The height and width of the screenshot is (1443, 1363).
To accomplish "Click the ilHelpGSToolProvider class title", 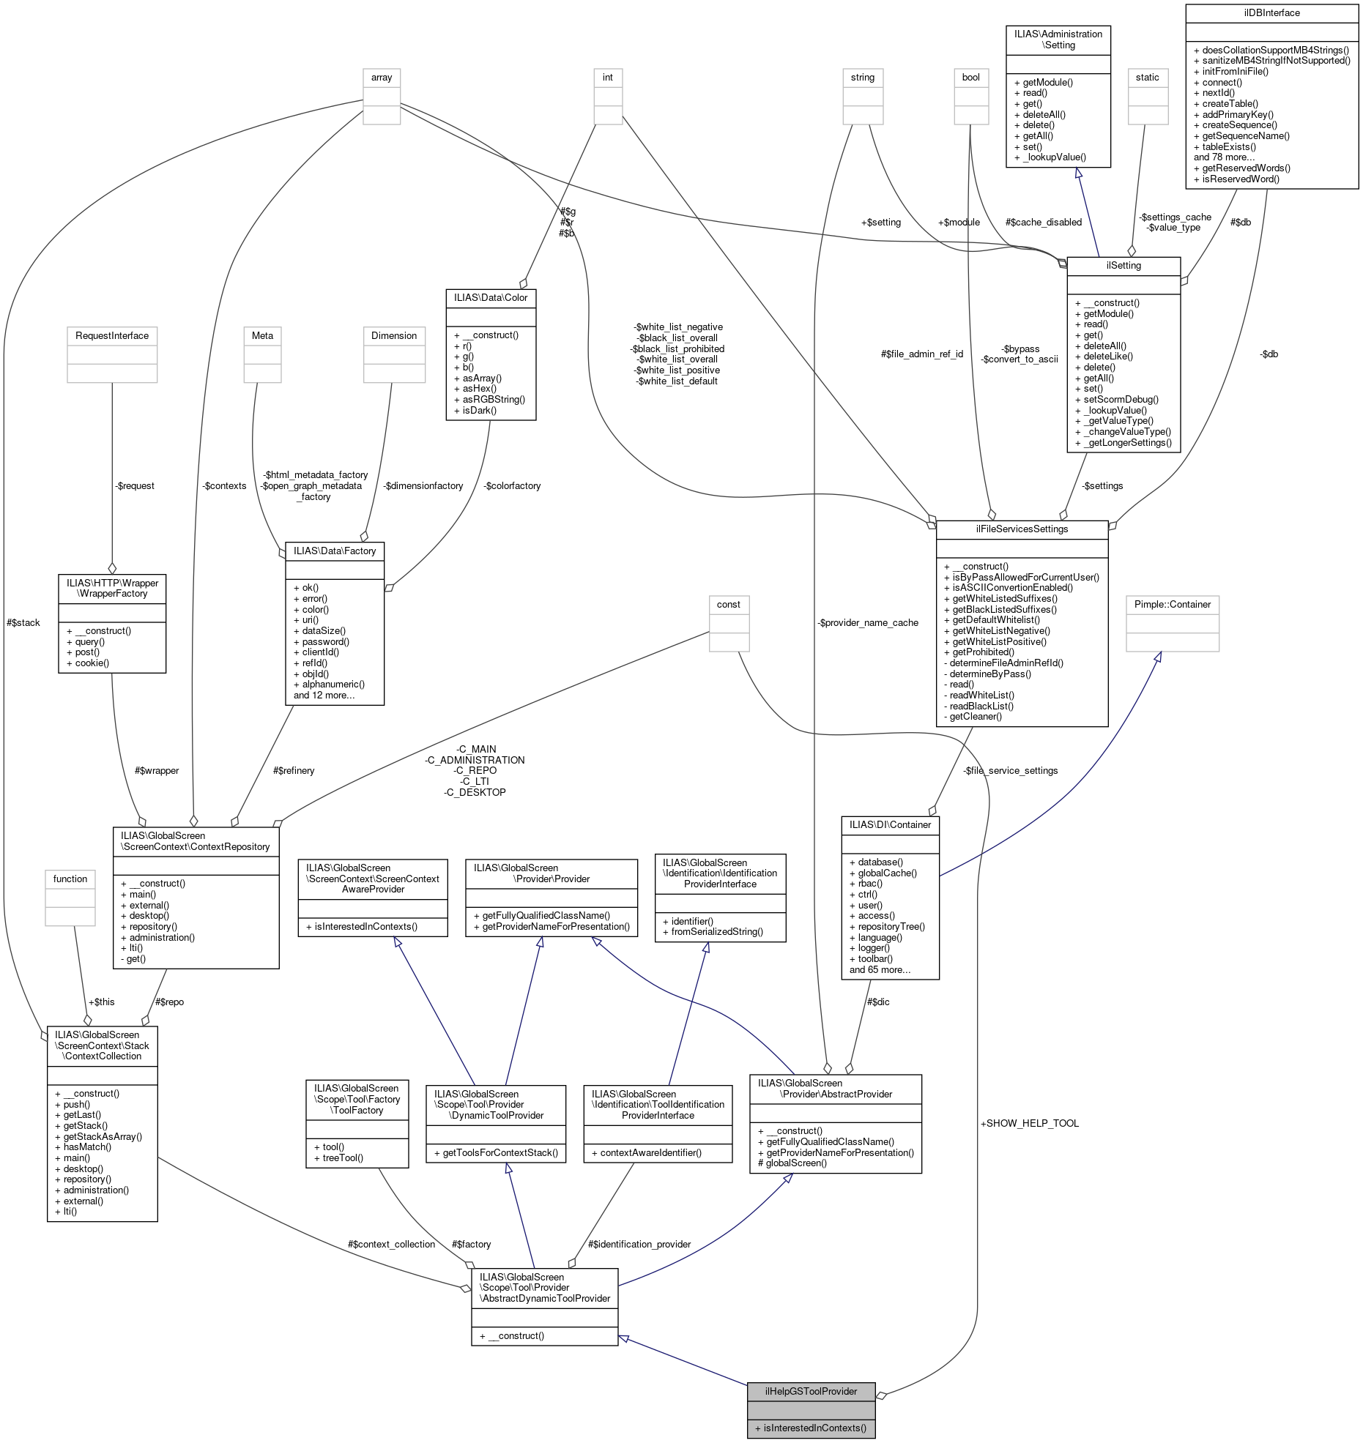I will click(811, 1391).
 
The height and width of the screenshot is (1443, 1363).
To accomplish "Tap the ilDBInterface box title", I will click(1271, 13).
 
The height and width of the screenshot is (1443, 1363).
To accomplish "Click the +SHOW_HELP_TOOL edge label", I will click(1029, 1123).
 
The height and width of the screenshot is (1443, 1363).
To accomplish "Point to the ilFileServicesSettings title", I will click(1022, 529).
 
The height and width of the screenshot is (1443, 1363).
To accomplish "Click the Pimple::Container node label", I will click(1172, 604).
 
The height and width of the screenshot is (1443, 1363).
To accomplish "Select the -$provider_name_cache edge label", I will click(868, 622).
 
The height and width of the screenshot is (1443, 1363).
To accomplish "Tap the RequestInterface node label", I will click(112, 335).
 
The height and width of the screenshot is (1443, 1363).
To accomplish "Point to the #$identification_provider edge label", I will click(639, 1244).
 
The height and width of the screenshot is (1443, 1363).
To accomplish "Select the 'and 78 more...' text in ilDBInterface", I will click(1224, 157).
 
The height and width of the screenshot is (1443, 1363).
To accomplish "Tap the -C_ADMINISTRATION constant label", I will click(475, 760).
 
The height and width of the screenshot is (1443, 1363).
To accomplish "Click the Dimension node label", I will click(394, 335).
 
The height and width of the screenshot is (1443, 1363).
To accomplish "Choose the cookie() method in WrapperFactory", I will click(92, 663).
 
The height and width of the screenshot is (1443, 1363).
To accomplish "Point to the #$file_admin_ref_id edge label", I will click(921, 354).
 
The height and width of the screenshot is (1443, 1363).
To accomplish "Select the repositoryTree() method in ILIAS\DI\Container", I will click(891, 926).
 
